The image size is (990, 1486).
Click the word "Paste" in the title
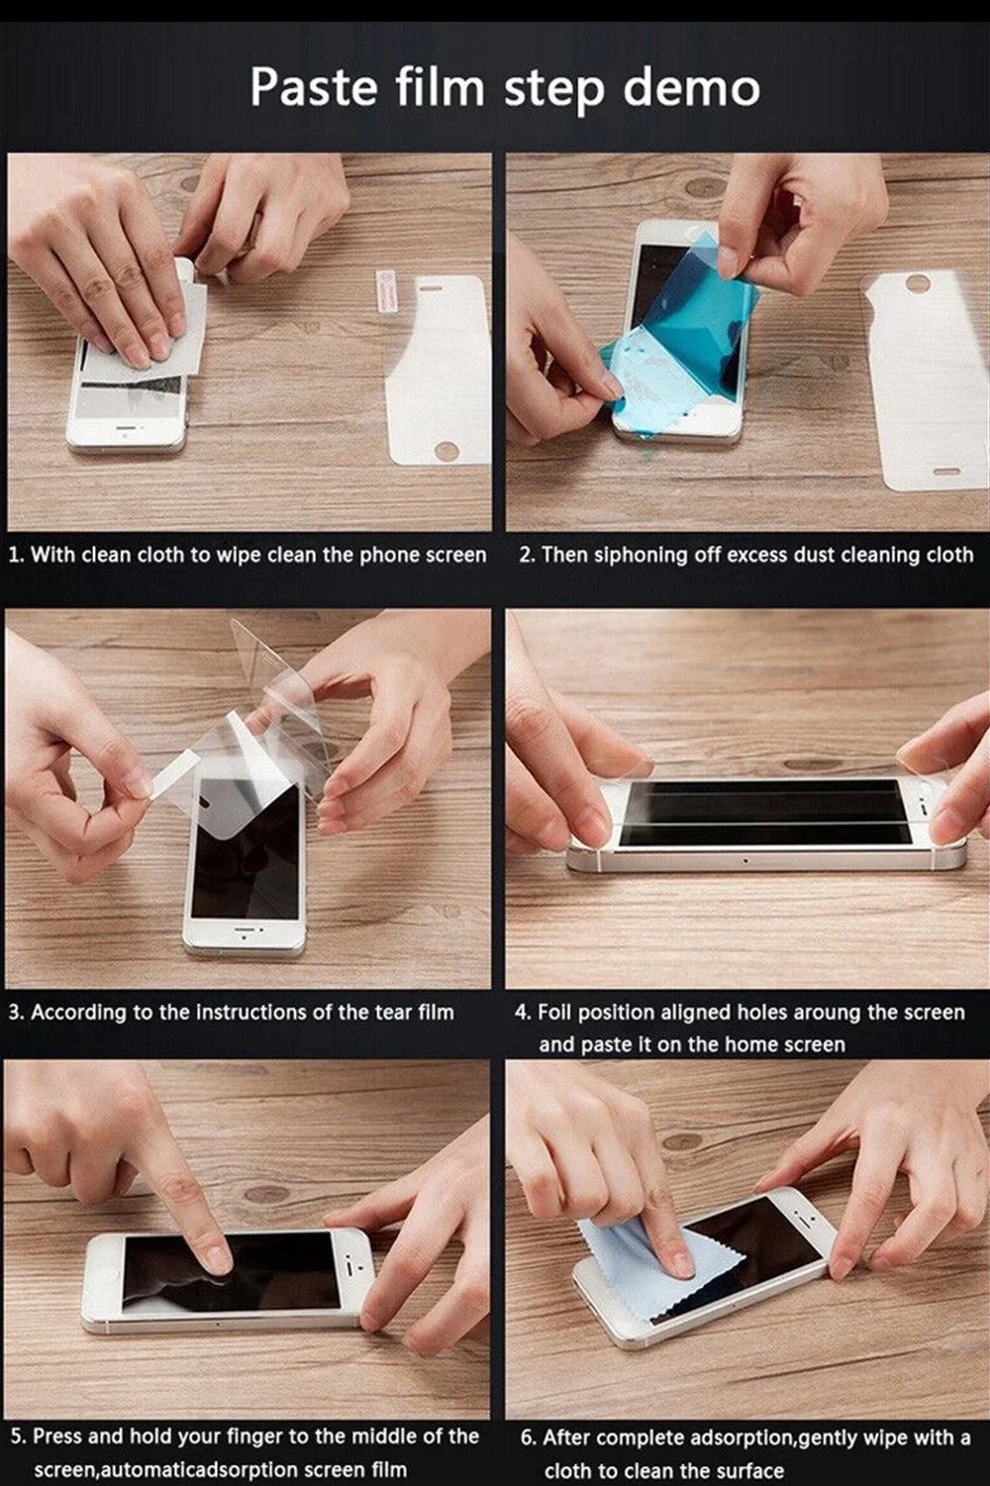(x=314, y=87)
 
